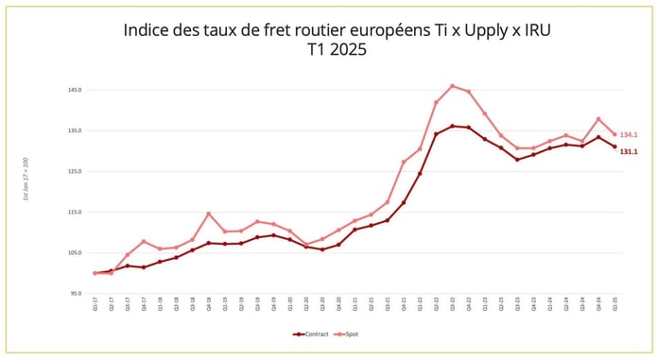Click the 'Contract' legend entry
tap(314, 334)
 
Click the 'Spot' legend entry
tap(349, 334)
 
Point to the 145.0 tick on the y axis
tap(75, 90)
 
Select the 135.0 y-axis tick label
tap(75, 130)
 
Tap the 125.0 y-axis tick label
tap(75, 171)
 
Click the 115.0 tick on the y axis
tap(75, 212)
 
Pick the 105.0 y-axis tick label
tap(75, 253)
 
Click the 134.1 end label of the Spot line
tap(629, 135)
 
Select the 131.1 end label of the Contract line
tap(629, 151)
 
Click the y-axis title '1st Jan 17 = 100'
tap(26, 180)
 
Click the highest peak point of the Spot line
tap(452, 86)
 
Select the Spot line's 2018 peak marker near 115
tap(209, 214)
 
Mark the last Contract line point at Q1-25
tap(615, 146)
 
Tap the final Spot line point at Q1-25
tap(615, 134)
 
